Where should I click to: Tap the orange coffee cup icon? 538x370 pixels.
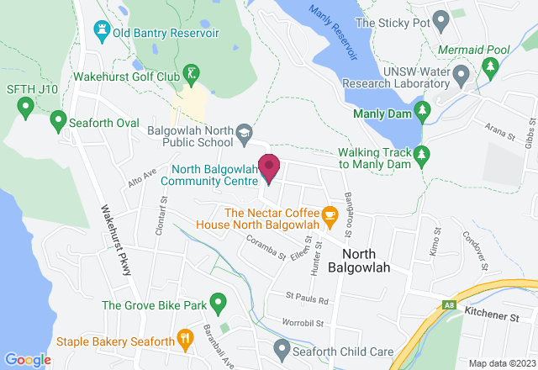pyautogui.click(x=330, y=216)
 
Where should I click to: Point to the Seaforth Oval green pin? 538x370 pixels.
pyautogui.click(x=58, y=121)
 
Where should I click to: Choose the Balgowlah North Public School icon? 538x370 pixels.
pyautogui.click(x=244, y=132)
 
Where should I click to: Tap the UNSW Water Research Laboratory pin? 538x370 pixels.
pyautogui.click(x=460, y=77)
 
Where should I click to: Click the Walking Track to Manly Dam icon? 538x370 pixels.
pyautogui.click(x=423, y=154)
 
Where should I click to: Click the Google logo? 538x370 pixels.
pyautogui.click(x=27, y=359)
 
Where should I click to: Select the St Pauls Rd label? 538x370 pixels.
pyautogui.click(x=306, y=299)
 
